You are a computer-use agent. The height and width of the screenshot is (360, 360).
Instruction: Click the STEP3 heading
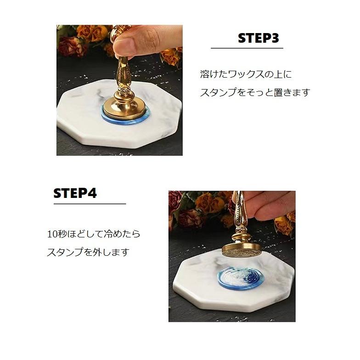(x=258, y=38)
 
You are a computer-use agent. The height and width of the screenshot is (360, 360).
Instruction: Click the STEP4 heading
(x=75, y=193)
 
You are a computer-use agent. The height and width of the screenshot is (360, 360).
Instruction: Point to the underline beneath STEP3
(x=247, y=48)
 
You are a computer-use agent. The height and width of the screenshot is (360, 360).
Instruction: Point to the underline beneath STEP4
(x=90, y=203)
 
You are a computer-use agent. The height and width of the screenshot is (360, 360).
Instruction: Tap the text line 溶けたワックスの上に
(x=246, y=74)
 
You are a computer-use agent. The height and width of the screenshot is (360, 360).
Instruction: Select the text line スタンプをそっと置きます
(x=255, y=93)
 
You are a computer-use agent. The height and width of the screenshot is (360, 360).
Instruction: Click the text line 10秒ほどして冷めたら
(x=94, y=234)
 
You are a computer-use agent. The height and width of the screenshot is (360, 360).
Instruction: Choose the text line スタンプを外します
(x=88, y=252)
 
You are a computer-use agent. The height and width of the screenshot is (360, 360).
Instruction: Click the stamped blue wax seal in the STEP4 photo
(x=241, y=276)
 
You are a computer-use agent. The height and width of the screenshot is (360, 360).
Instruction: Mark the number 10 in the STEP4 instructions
(x=52, y=234)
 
